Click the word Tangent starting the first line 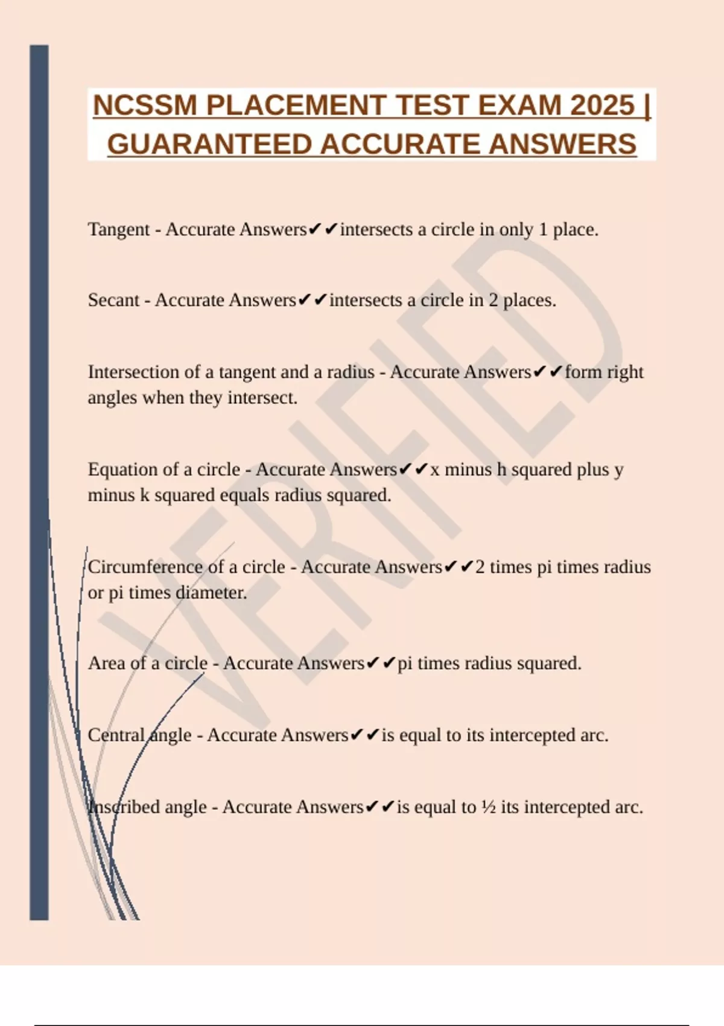[118, 229]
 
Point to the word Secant [113, 300]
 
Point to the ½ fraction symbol [488, 807]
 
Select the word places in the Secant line [529, 301]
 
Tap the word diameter [211, 593]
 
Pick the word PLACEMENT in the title [295, 106]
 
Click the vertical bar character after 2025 [647, 106]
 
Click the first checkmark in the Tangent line [314, 229]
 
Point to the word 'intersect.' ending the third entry [262, 398]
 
